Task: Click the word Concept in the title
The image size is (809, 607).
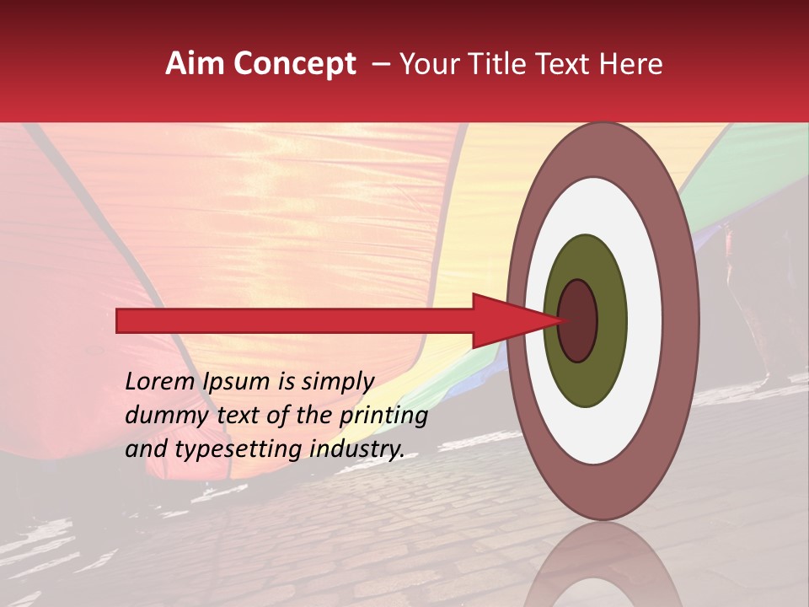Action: tap(294, 64)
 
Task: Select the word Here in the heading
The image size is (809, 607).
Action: tap(632, 64)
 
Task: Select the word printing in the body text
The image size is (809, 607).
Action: tap(383, 415)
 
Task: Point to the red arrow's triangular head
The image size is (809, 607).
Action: tap(506, 320)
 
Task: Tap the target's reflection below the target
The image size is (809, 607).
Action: tap(603, 565)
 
